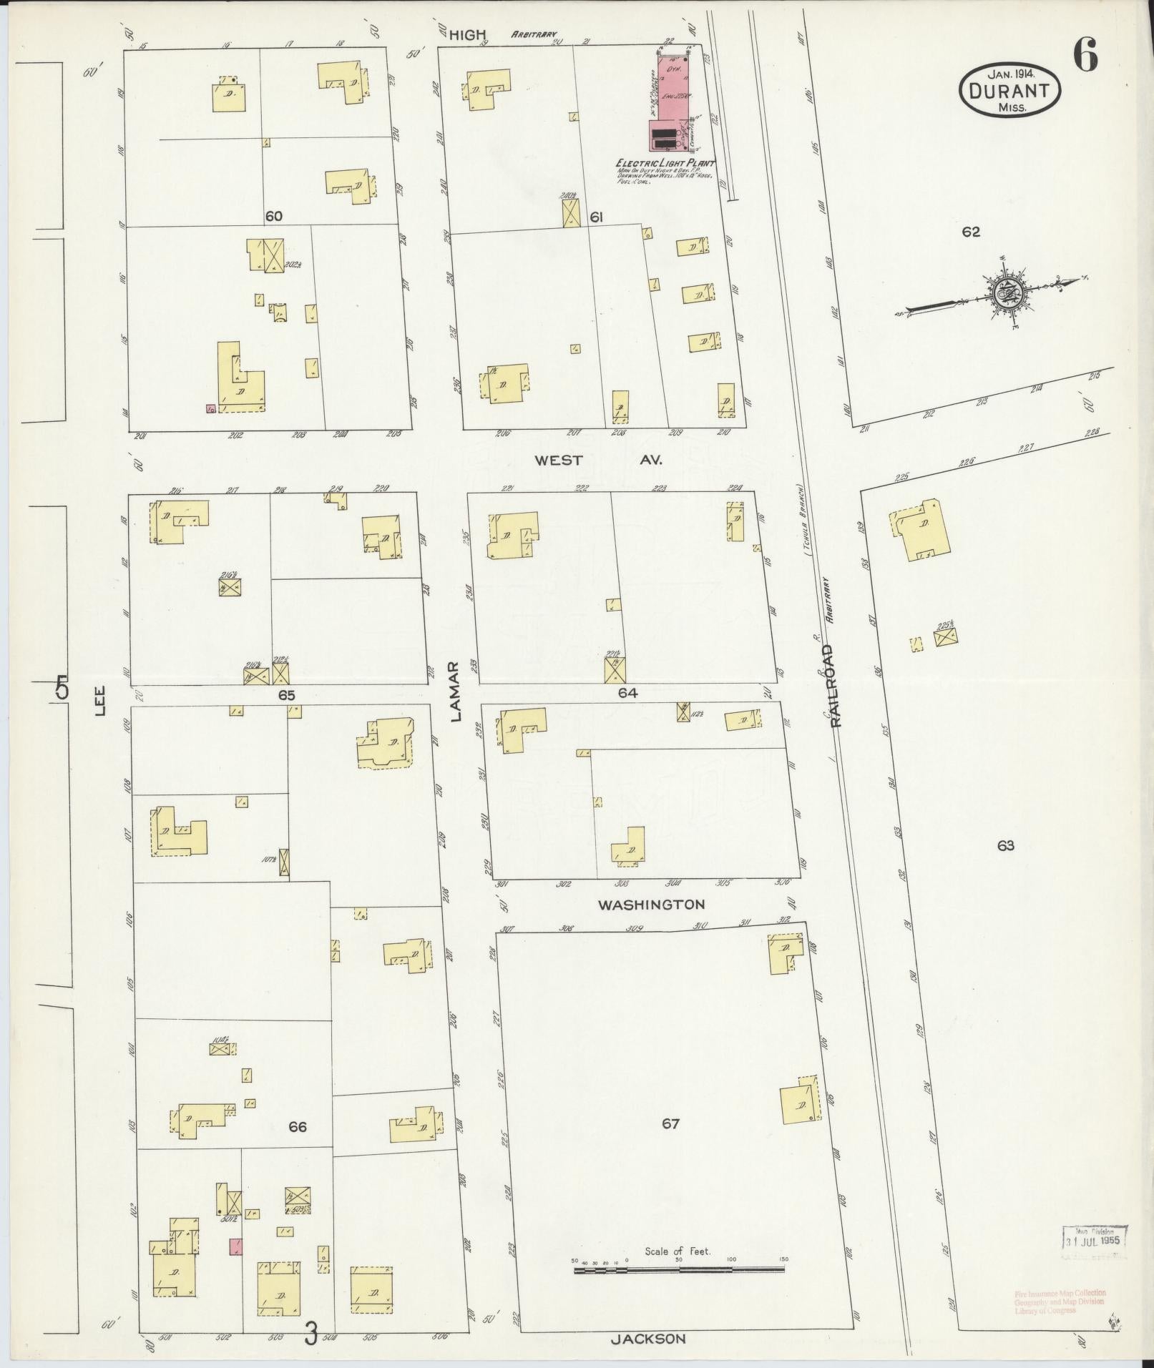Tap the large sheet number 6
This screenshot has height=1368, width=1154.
[x=1085, y=55]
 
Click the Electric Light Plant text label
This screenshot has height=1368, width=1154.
[x=665, y=163]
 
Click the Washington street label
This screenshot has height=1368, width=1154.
[x=651, y=905]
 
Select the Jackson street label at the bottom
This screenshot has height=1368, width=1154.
[x=648, y=1339]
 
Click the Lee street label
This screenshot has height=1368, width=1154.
[x=100, y=700]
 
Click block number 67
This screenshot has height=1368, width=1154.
[x=670, y=1124]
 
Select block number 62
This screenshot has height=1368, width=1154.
[x=971, y=232]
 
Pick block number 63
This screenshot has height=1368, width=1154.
[x=1005, y=846]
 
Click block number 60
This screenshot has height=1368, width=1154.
[x=273, y=216]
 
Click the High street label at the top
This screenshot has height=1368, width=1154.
[x=469, y=34]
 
